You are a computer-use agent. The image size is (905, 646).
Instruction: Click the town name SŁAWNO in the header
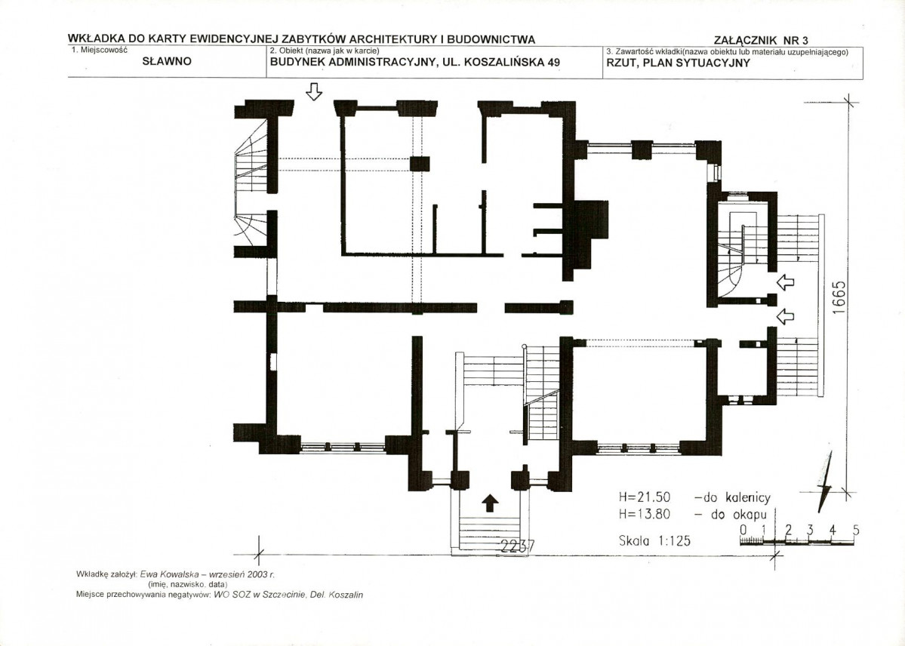167,61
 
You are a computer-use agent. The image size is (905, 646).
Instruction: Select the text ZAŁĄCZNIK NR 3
761,41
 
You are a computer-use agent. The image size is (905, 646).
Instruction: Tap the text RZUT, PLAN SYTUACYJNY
678,63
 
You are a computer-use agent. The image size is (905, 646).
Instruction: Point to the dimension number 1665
839,297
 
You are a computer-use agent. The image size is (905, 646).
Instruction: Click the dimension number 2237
518,546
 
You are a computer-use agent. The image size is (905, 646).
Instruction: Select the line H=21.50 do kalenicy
694,497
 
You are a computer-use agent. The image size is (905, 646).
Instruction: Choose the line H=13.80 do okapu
693,514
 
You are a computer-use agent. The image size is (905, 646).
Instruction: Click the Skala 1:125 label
654,541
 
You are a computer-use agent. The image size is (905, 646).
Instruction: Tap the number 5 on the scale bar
855,530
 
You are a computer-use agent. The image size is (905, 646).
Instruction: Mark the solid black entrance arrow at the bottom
490,503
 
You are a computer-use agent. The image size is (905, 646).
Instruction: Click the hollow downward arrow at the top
313,91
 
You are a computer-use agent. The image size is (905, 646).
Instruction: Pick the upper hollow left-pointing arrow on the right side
786,281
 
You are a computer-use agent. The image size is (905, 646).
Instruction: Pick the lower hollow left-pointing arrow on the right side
786,315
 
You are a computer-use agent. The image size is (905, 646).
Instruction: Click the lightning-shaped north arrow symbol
825,482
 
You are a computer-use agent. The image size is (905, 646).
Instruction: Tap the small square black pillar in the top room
420,163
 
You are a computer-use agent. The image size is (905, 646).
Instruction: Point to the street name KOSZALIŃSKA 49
512,63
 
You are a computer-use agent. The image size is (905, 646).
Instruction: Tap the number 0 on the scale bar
743,530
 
